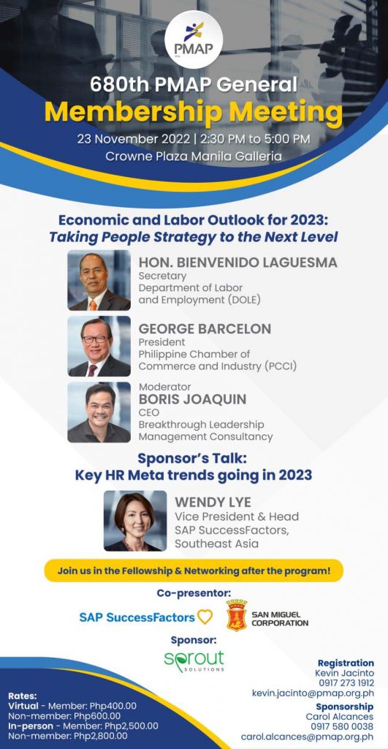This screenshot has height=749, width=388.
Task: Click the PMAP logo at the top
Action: point(194,39)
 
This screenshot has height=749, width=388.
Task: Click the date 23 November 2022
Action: point(130,140)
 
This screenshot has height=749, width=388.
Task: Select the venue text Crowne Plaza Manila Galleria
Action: point(194,157)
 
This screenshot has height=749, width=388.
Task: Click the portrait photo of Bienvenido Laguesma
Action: point(99,280)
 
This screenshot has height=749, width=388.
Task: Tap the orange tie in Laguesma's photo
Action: point(93,304)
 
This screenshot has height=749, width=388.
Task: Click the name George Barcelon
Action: point(205,328)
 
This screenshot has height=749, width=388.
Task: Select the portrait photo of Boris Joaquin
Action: point(99,413)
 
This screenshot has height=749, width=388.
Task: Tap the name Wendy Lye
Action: point(213,503)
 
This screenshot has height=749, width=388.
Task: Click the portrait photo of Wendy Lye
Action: point(135,521)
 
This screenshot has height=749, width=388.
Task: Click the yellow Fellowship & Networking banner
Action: point(194,571)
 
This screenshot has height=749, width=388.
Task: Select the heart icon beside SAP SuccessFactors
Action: point(205,617)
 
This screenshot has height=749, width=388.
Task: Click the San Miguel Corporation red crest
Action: point(237,615)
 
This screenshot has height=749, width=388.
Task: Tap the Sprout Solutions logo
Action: point(194,660)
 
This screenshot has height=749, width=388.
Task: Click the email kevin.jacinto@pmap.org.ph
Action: point(313,693)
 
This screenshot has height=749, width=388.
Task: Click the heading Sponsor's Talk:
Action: point(194,458)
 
